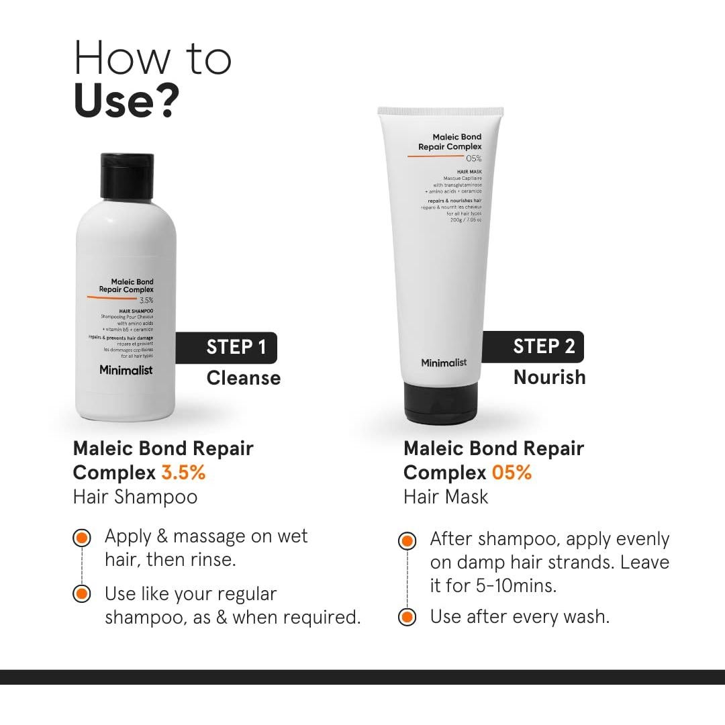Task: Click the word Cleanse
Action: point(243,378)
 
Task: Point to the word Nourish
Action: point(549,377)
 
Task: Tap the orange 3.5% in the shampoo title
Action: point(183,473)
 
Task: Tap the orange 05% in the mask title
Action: point(512,473)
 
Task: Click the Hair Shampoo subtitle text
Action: point(135,497)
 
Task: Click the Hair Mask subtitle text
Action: point(446,497)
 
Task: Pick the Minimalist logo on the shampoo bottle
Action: point(126,370)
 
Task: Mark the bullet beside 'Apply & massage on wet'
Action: point(81,537)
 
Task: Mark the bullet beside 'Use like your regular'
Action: point(81,594)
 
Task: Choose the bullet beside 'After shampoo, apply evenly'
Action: point(406,540)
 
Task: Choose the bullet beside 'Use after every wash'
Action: point(406,616)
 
